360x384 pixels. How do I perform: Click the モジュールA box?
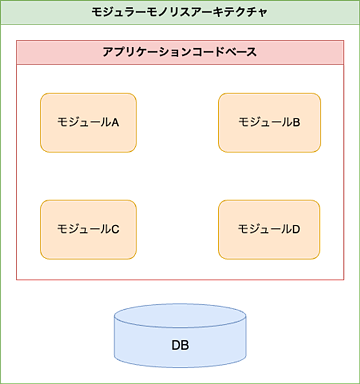tap(88, 122)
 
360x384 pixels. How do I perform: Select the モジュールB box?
tap(270, 122)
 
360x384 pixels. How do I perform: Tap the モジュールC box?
tap(88, 229)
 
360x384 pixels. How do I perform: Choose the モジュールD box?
tap(269, 229)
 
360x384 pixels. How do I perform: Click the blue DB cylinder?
tap(180, 335)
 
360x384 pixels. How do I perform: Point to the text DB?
tap(180, 345)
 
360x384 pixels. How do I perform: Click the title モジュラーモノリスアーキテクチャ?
tap(179, 12)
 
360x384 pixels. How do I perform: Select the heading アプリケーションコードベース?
tap(180, 52)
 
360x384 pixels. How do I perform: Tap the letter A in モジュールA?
tap(115, 122)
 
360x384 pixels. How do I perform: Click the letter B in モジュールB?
tap(296, 122)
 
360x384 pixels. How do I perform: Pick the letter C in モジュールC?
tap(115, 229)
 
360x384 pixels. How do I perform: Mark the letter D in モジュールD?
tap(296, 229)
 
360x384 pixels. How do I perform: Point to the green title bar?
tap(180, 12)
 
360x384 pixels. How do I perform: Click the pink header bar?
tap(180, 52)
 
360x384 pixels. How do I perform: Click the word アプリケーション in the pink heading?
tap(147, 52)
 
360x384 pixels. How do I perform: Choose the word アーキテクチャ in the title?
tap(229, 12)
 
